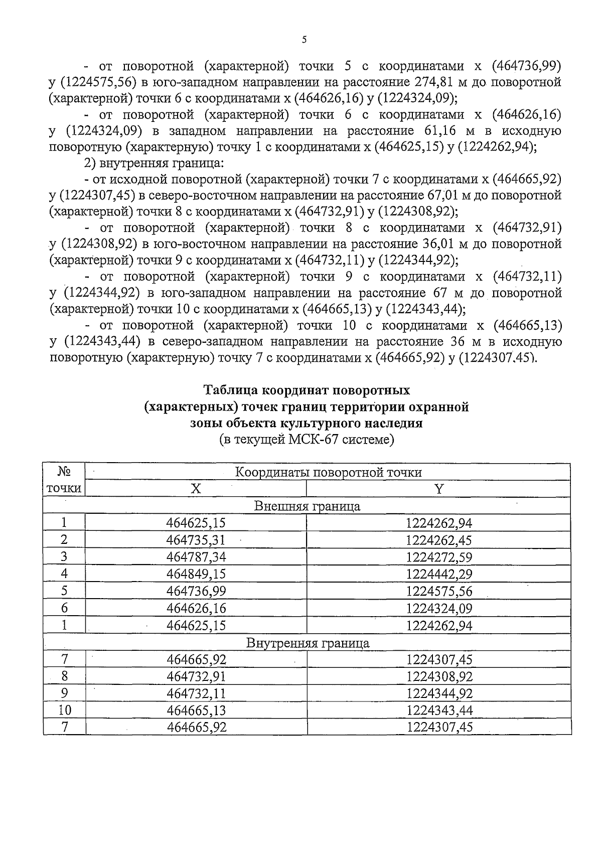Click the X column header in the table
196,489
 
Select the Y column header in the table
439,489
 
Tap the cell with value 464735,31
196,540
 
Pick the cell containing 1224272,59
439,557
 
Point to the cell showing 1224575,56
439,592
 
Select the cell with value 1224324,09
439,609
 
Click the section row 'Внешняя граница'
307,506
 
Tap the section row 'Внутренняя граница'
307,643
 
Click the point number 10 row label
64,711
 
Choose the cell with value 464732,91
196,676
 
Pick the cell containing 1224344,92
439,693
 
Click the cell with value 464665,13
196,711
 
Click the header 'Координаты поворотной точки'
328,472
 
